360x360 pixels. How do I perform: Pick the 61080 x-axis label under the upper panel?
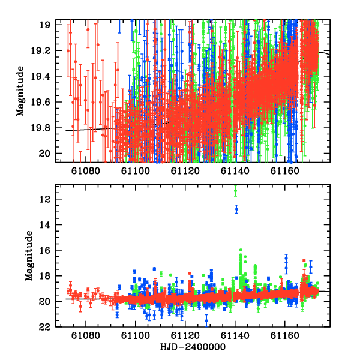pos(86,171)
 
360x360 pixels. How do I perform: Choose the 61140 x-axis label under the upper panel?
pos(235,171)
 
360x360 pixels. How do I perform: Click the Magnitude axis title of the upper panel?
pos(20,91)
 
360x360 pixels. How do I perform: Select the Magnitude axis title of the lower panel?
pos(29,256)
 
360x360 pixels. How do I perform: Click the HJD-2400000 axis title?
pos(193,347)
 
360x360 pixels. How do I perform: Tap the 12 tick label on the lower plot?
pos(44,199)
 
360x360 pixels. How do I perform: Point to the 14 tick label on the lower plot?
pos(44,225)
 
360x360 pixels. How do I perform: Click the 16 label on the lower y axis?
pos(44,250)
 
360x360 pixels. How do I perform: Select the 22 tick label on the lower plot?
pos(44,327)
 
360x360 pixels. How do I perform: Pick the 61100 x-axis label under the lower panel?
pos(136,335)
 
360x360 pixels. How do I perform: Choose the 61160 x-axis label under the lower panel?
pos(284,335)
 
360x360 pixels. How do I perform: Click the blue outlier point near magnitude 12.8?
pos(237,209)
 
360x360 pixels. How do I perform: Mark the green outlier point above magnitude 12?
pos(235,191)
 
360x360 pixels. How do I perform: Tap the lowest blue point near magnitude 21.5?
pos(206,321)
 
